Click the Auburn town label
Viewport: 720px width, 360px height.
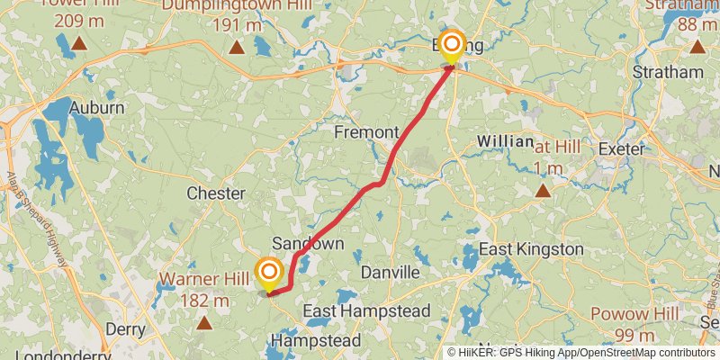pyautogui.click(x=97, y=107)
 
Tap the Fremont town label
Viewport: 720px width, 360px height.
pyautogui.click(x=366, y=132)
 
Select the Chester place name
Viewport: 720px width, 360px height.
pyautogui.click(x=215, y=193)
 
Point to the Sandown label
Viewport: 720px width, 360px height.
pyautogui.click(x=308, y=244)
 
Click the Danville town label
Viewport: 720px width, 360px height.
pyautogui.click(x=390, y=272)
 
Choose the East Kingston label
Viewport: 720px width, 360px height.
pyautogui.click(x=531, y=248)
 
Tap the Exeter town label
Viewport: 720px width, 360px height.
pyautogui.click(x=621, y=149)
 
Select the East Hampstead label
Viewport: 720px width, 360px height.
pyautogui.click(x=366, y=311)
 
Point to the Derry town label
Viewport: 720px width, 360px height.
pyautogui.click(x=125, y=329)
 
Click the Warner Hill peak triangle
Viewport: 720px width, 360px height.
pyautogui.click(x=204, y=321)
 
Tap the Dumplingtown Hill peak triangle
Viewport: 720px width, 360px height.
pyautogui.click(x=236, y=46)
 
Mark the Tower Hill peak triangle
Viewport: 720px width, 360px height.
pyautogui.click(x=79, y=42)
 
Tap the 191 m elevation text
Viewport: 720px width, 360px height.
pyautogui.click(x=236, y=24)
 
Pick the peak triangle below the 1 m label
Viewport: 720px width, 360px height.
pyautogui.click(x=543, y=190)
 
